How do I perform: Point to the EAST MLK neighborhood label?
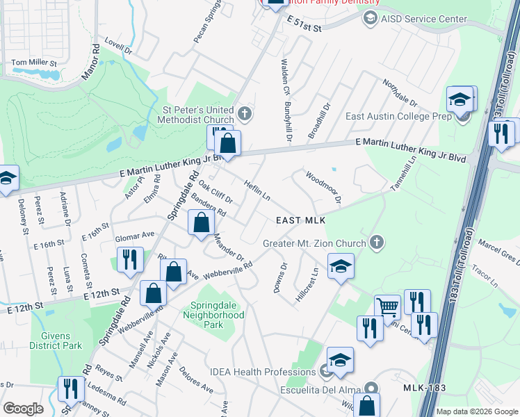coord(301,220)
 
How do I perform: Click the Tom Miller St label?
coord(34,63)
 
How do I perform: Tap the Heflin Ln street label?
coord(257,190)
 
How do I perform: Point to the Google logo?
coord(23,409)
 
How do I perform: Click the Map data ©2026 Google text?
coord(477,411)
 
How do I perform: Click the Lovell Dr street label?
coord(119,50)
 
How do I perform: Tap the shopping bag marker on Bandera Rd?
coord(201,223)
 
